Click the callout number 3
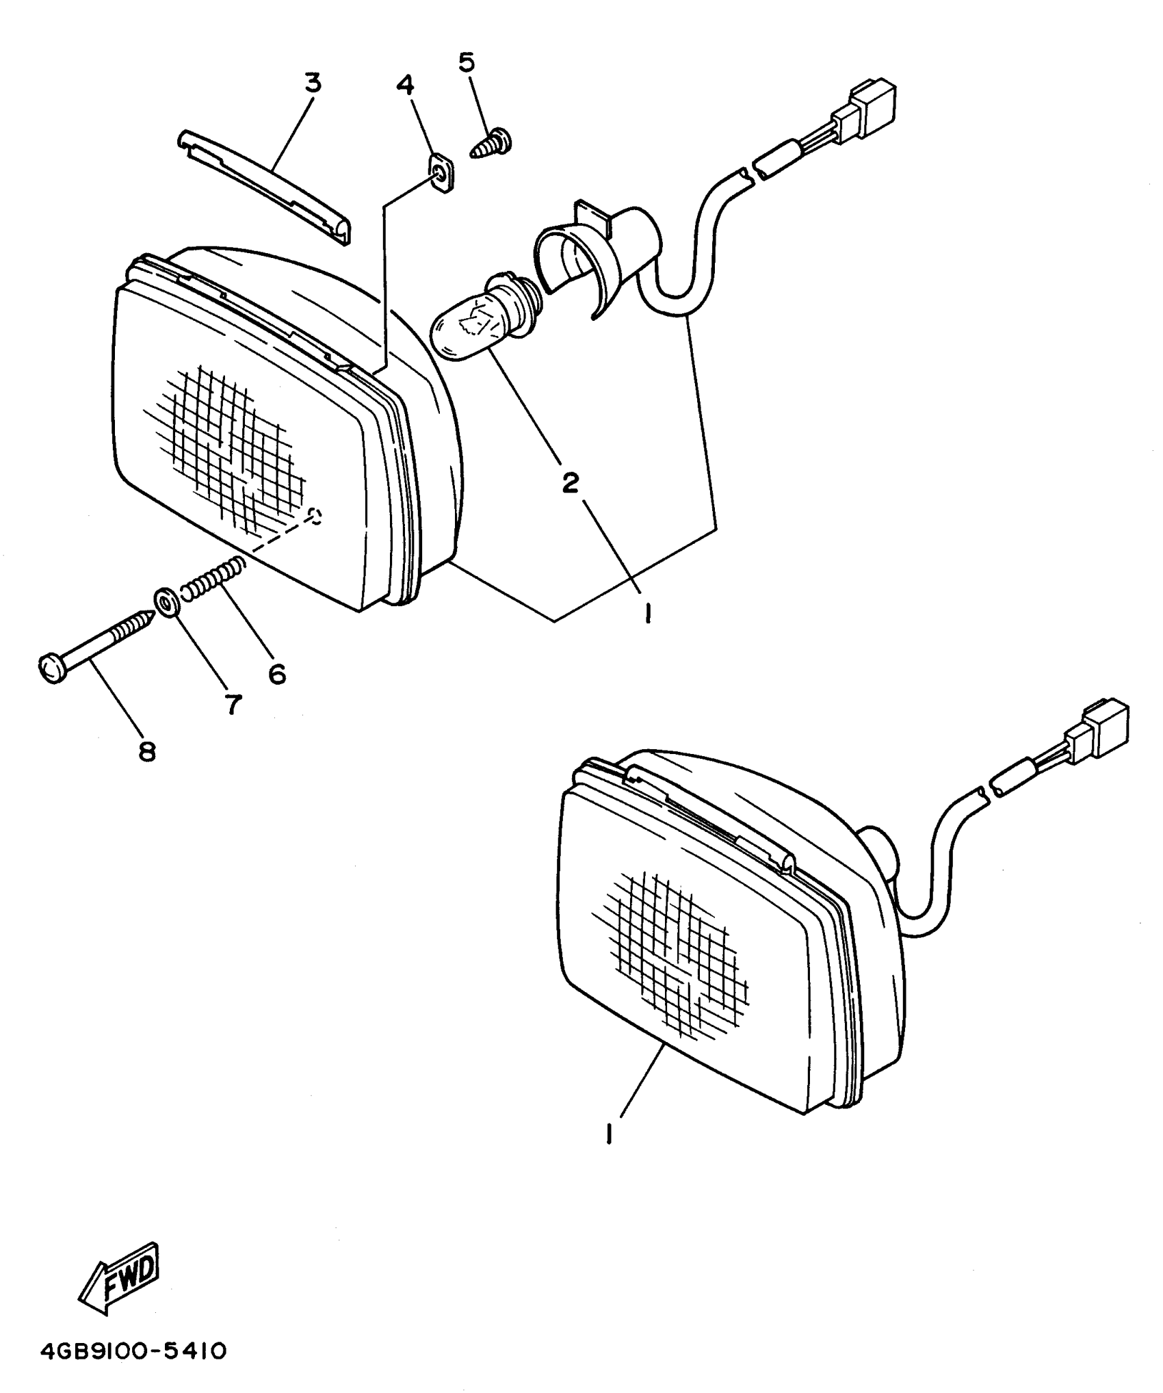[312, 83]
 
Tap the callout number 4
[405, 86]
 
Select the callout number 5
[466, 62]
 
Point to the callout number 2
[570, 482]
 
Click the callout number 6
[276, 674]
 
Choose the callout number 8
[146, 752]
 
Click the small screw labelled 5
[493, 144]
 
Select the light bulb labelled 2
[479, 320]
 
